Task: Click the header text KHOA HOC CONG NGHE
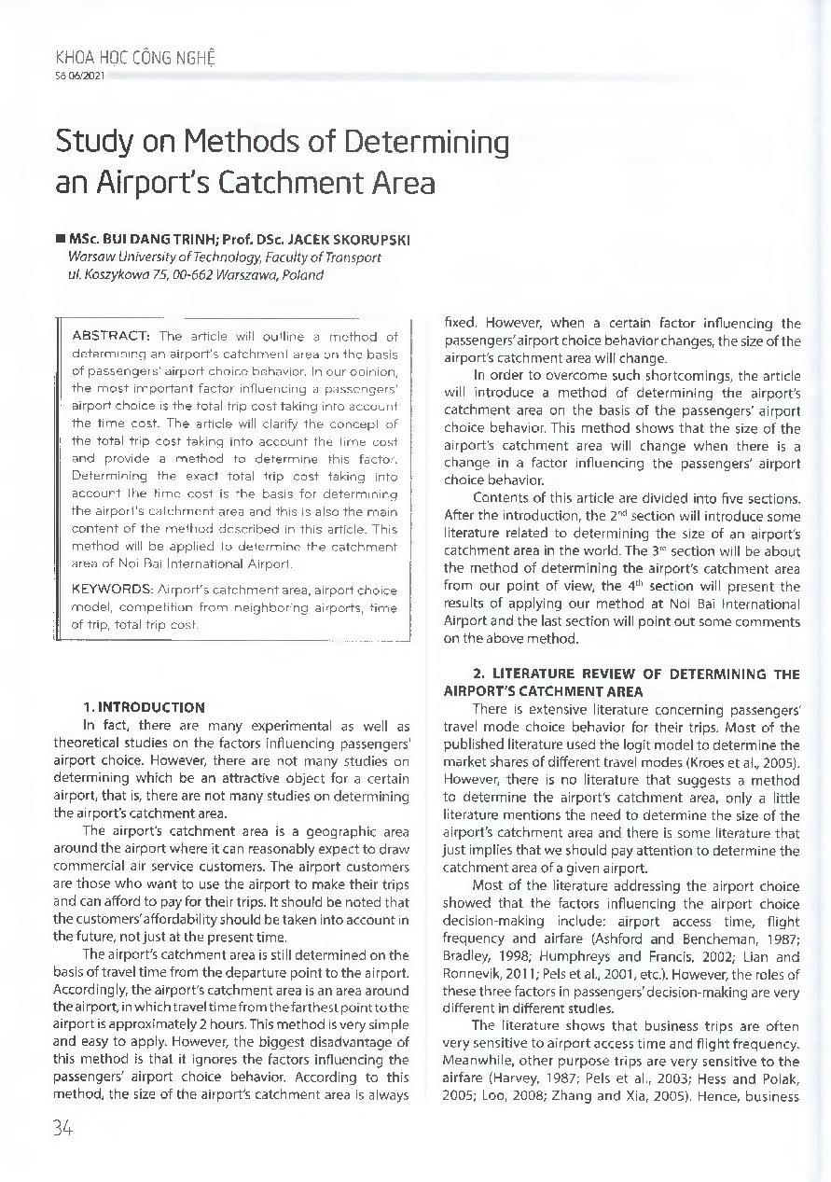[136, 58]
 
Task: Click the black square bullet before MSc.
[61, 240]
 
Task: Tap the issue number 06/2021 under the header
[87, 75]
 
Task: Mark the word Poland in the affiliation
[302, 275]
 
